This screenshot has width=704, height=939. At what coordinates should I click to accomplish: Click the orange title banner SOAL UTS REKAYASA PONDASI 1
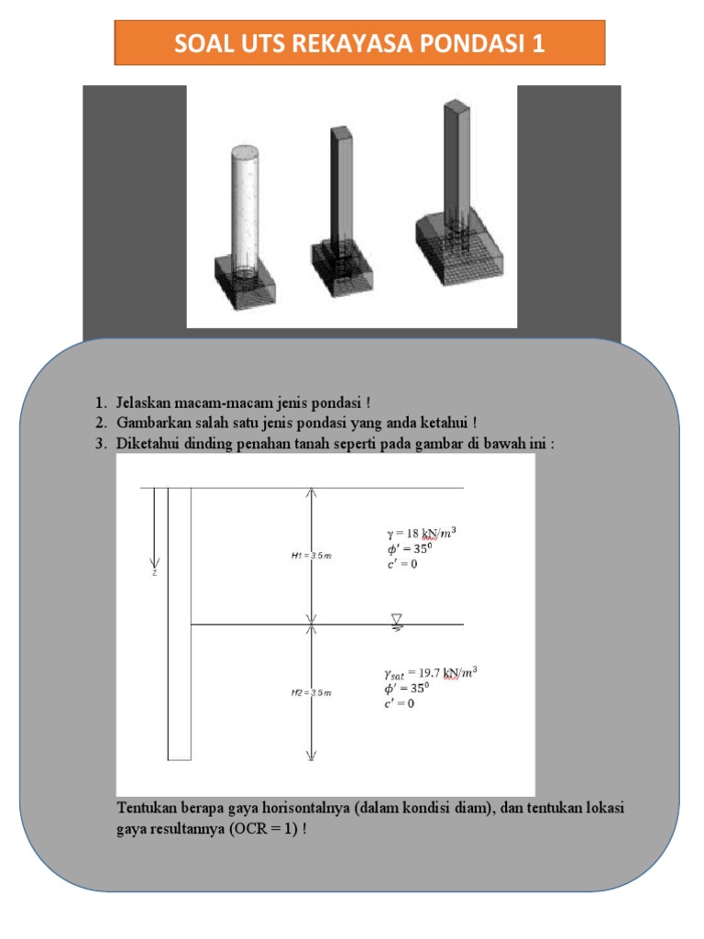click(x=359, y=43)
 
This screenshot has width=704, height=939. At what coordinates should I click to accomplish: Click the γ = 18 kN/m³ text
click(x=421, y=533)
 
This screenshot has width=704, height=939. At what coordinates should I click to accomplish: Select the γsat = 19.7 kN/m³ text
click(x=431, y=672)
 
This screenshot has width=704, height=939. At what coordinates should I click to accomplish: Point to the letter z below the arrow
click(x=155, y=574)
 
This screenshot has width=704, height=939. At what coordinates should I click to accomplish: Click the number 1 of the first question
click(x=98, y=403)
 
